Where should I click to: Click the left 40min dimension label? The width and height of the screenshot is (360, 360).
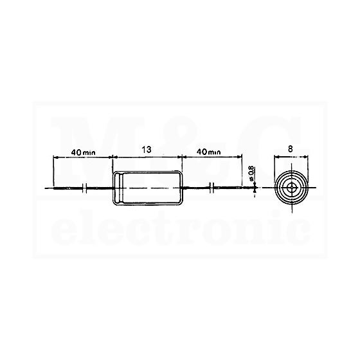click(83, 152)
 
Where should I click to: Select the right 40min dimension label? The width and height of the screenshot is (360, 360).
click(208, 152)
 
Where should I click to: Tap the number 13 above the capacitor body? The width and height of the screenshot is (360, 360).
click(147, 150)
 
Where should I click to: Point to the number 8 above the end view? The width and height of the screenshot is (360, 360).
click(291, 149)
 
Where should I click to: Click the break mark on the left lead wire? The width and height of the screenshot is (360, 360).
click(84, 188)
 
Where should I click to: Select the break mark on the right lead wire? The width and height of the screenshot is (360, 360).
click(212, 188)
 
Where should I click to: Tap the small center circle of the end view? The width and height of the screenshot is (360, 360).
click(292, 188)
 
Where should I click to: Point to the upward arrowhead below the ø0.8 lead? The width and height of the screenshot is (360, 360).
click(255, 190)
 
